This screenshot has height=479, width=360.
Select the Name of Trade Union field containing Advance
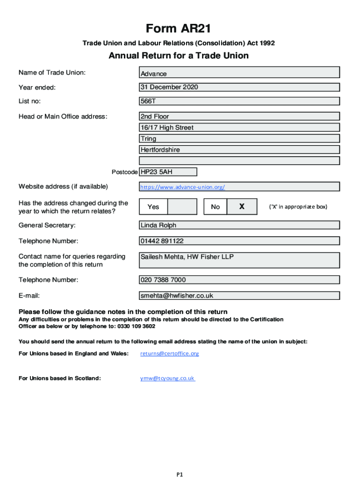239,73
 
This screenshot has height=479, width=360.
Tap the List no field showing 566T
239,101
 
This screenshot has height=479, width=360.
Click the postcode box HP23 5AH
168,172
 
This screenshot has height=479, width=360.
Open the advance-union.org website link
183,187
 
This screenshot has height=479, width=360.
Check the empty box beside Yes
182,207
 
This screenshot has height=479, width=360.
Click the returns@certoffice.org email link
170,354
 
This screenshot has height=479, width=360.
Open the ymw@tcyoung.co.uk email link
167,378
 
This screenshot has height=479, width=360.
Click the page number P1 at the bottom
180,474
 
